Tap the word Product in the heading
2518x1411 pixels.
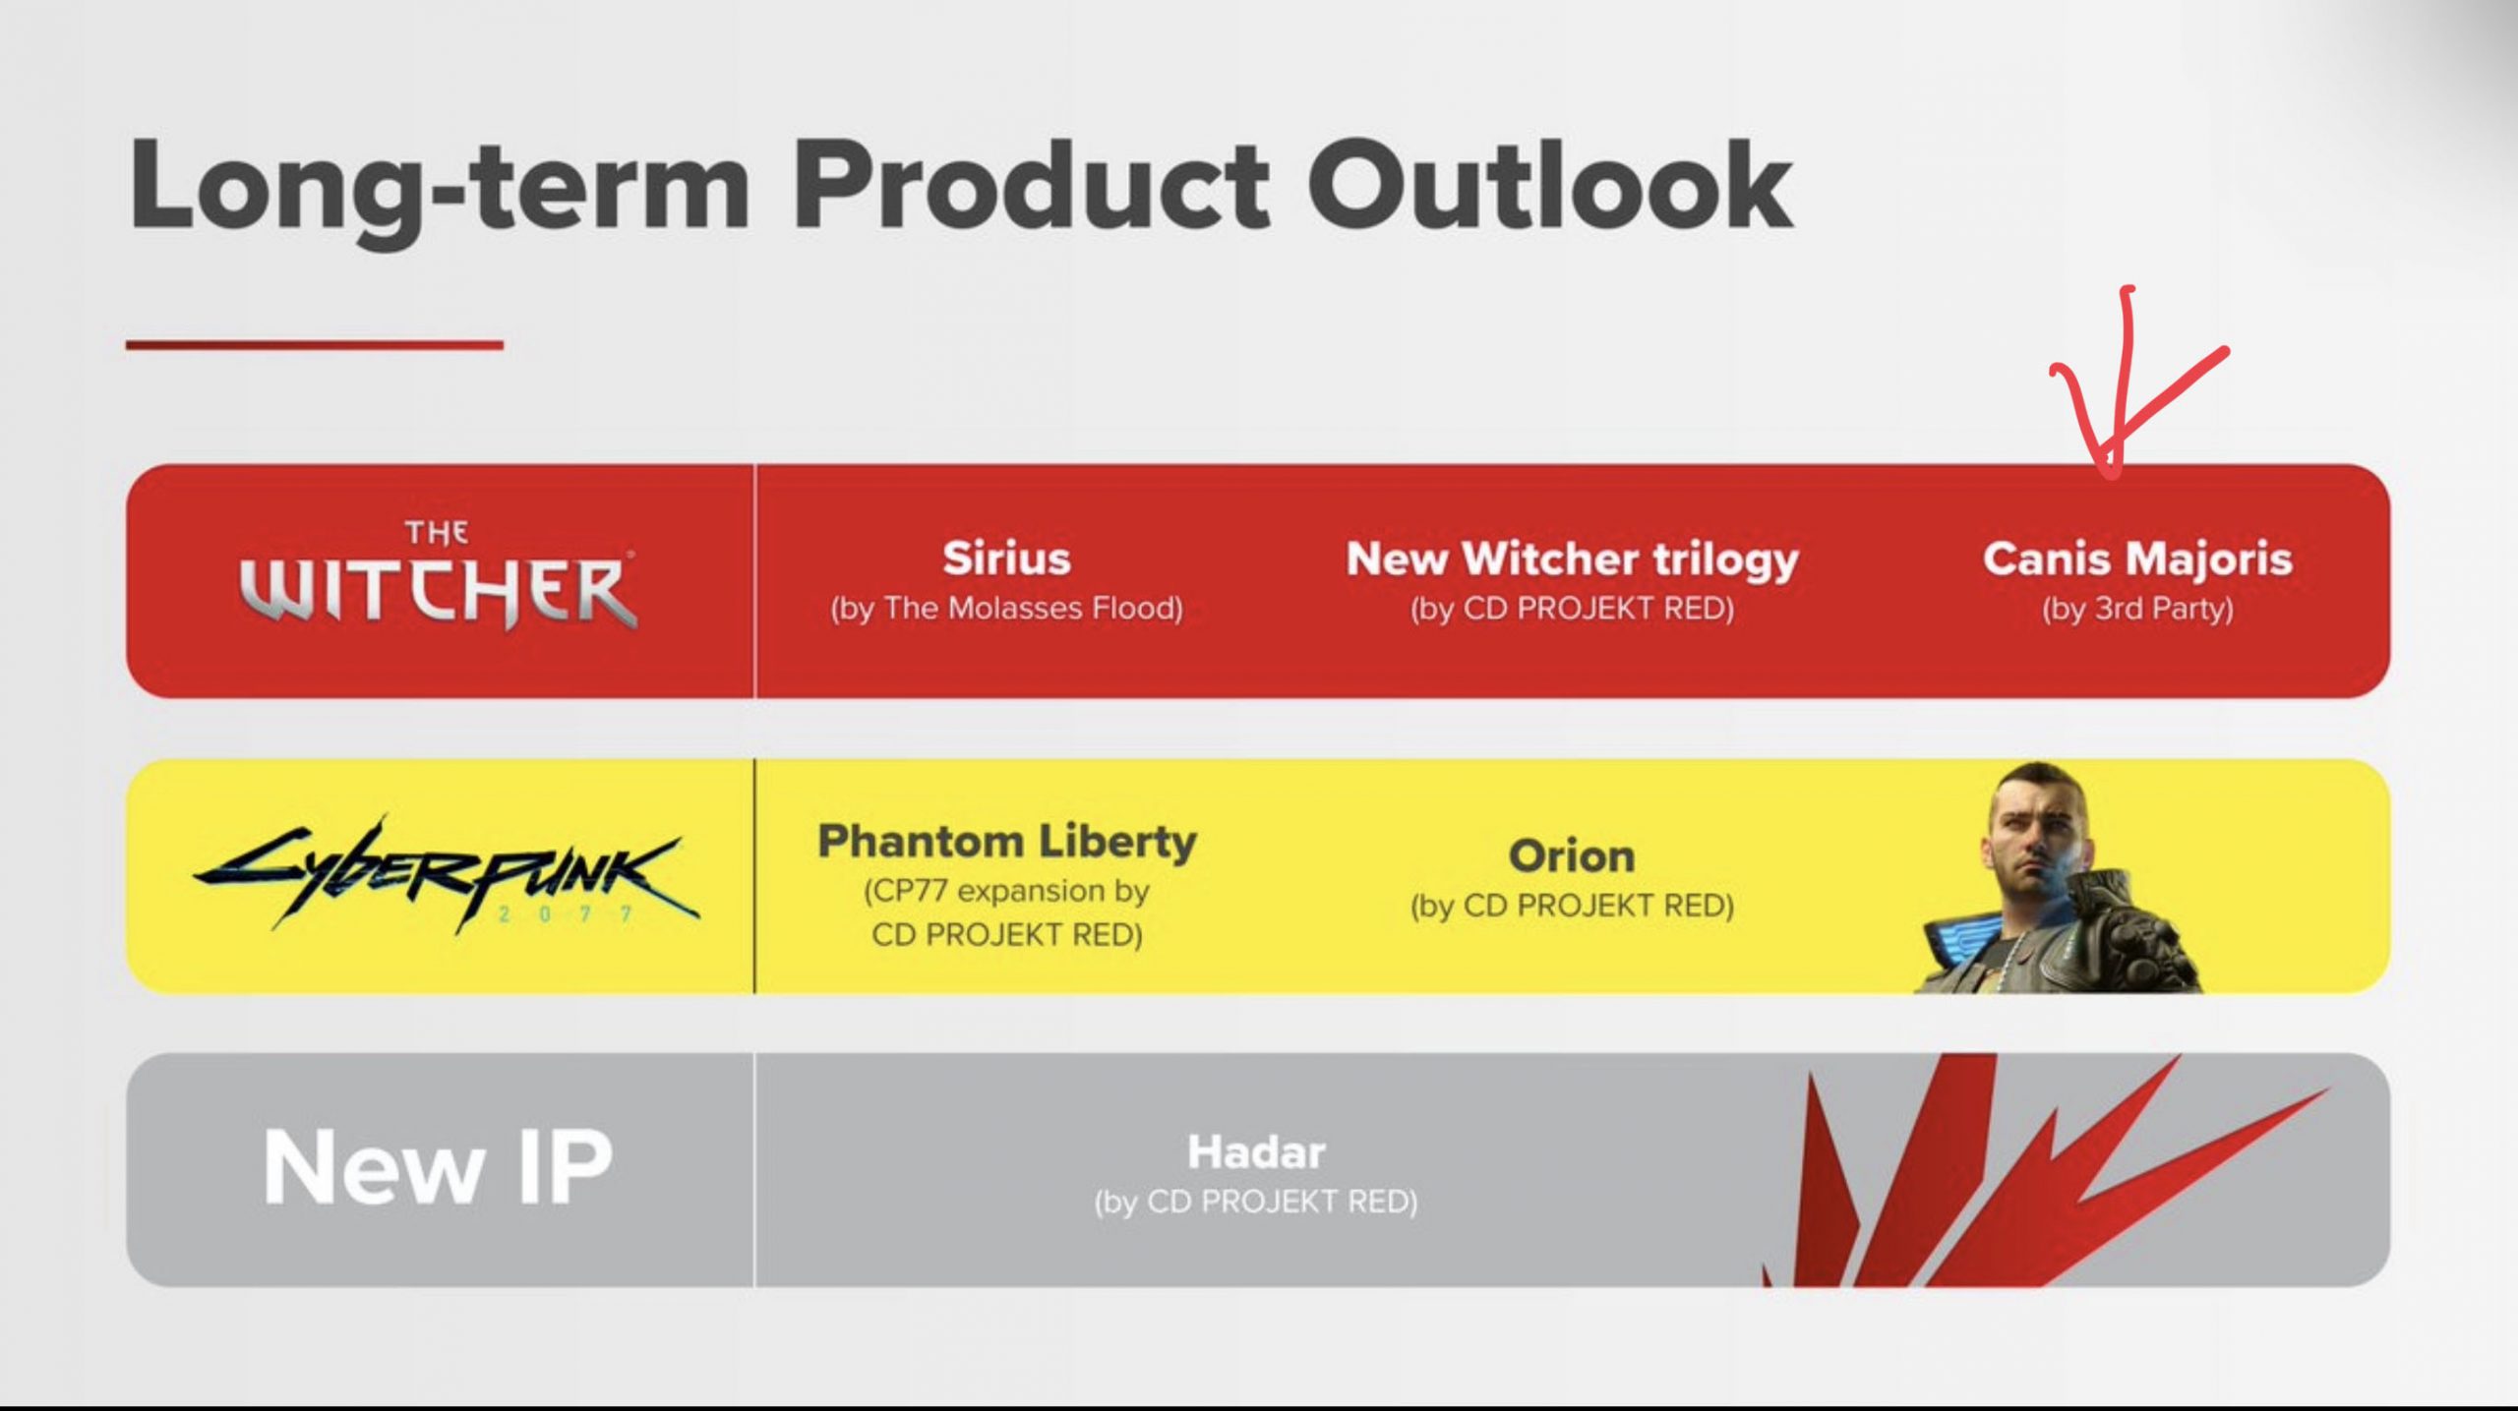tap(1031, 186)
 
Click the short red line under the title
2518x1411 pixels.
tap(315, 345)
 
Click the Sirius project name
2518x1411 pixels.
tap(1006, 559)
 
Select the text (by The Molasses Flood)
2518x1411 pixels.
tap(1006, 609)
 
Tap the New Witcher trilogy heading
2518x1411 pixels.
tap(1572, 560)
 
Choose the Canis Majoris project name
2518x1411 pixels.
tap(2137, 559)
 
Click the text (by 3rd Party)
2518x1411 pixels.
tap(2137, 610)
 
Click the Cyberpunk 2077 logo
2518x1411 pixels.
tap(447, 874)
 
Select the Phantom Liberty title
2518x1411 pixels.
tap(1007, 843)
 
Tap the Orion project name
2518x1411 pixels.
tap(1572, 856)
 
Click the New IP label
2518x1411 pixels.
tap(439, 1167)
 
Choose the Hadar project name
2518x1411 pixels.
tap(1256, 1152)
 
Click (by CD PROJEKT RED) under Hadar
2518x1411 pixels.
tap(1256, 1203)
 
